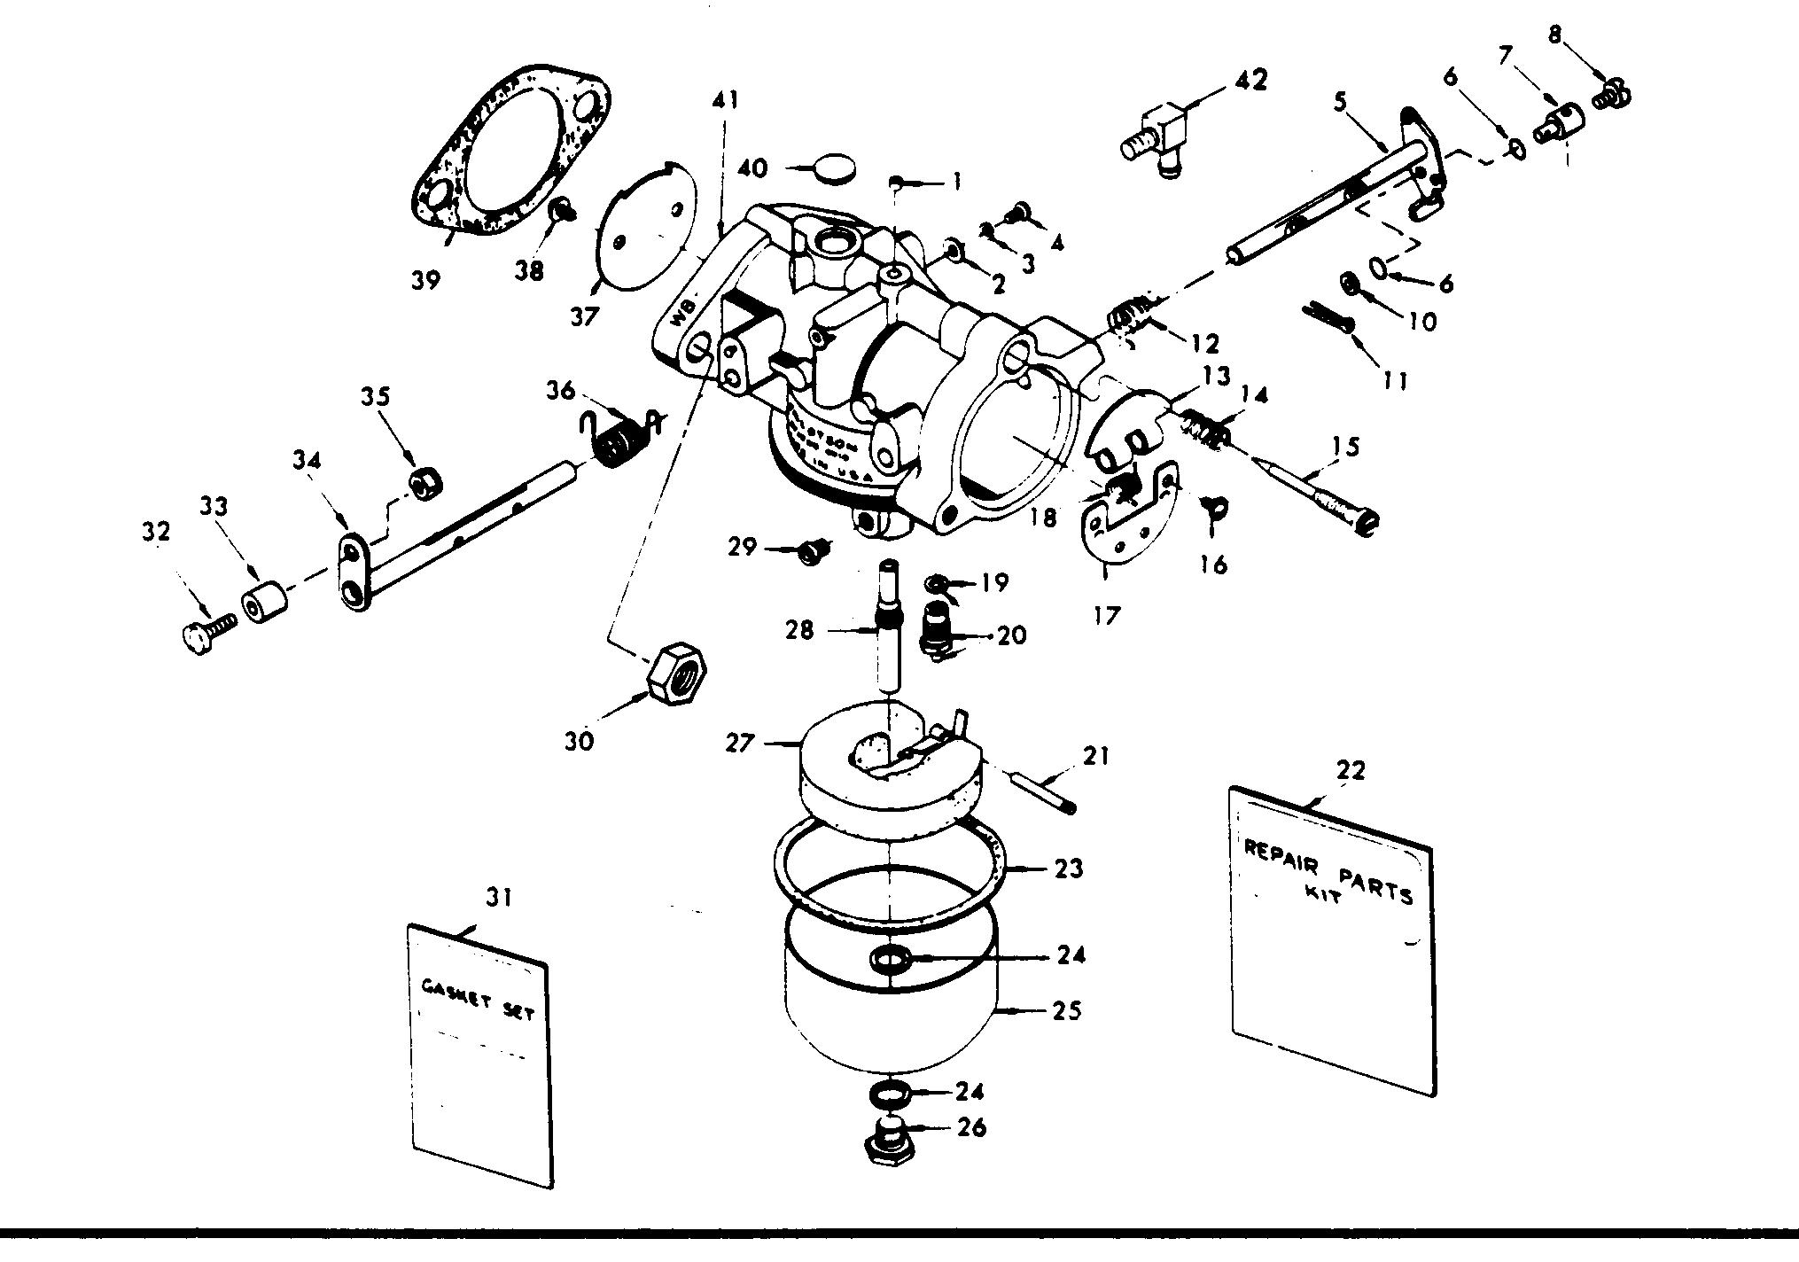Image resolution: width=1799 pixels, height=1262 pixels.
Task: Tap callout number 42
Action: point(1249,81)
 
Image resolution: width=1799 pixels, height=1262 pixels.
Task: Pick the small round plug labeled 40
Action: point(836,168)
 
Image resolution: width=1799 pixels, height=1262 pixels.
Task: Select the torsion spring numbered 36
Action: point(619,440)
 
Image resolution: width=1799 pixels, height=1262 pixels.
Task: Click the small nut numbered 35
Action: point(425,481)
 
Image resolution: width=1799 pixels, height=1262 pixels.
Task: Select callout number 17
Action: point(1108,614)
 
